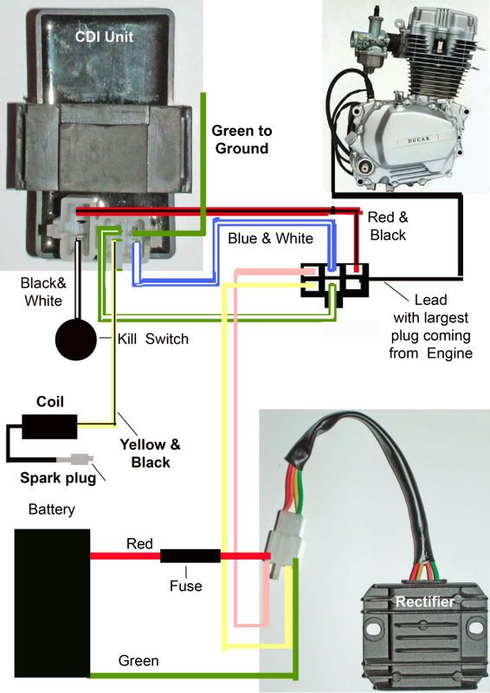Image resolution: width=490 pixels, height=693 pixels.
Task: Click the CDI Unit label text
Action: click(x=104, y=36)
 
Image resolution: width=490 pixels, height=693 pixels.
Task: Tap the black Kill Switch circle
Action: click(x=75, y=340)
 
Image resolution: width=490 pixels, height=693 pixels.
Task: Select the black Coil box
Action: click(x=49, y=426)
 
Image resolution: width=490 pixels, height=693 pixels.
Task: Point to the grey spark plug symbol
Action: click(x=80, y=459)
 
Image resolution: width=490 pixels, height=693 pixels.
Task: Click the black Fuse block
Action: click(x=190, y=555)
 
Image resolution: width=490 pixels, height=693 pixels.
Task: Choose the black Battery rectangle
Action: click(x=52, y=603)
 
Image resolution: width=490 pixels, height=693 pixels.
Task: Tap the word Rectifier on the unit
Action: click(x=424, y=601)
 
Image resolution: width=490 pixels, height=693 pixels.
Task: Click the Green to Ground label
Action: click(x=242, y=139)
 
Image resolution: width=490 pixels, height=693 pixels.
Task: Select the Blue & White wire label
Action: click(x=270, y=238)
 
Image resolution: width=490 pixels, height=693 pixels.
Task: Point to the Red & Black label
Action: click(x=388, y=226)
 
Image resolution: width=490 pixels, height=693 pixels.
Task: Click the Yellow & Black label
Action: click(x=151, y=453)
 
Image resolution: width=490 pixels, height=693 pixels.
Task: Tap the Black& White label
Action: click(x=43, y=292)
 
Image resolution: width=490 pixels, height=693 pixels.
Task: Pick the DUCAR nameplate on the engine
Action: click(x=417, y=140)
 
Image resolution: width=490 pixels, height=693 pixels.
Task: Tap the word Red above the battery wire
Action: click(x=139, y=543)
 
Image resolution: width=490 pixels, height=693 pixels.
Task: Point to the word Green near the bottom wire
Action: click(x=139, y=661)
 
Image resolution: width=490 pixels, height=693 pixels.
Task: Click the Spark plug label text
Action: click(x=58, y=478)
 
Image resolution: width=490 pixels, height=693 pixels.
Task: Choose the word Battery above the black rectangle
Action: click(x=52, y=509)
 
